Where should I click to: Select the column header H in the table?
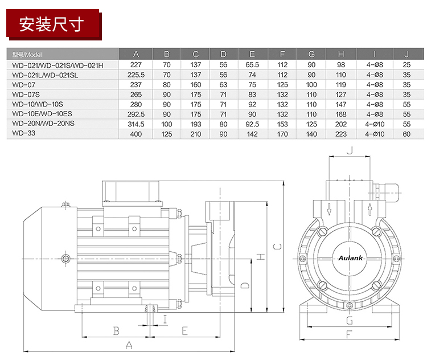[341, 54]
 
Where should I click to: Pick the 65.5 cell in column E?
[252, 65]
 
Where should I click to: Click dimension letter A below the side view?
[129, 345]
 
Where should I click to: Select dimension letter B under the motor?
[116, 330]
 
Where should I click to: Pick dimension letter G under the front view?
[349, 320]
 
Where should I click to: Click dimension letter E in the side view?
[184, 330]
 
